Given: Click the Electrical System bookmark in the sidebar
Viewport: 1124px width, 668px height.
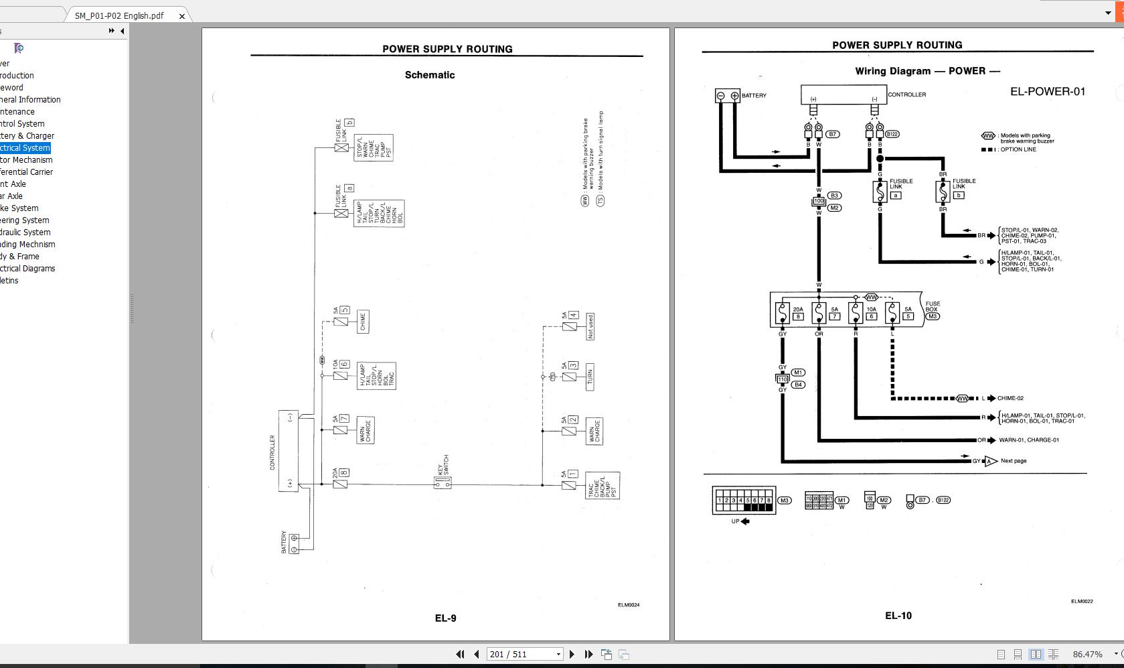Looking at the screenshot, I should tap(25, 148).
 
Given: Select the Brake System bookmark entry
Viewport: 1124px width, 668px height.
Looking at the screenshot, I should tap(19, 208).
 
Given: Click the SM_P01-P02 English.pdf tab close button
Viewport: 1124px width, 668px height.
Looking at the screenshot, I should tap(181, 16).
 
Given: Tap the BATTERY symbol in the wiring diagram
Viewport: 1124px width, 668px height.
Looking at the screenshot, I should tap(728, 96).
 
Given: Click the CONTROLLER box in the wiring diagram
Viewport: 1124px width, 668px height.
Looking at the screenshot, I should tap(844, 94).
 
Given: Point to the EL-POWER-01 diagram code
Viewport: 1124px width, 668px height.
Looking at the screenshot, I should tap(1047, 92).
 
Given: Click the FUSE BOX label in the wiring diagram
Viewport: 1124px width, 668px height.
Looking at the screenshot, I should tap(933, 307).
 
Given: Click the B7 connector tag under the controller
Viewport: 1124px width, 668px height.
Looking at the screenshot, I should tap(832, 134).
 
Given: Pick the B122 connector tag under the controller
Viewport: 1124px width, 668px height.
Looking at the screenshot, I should tap(892, 134).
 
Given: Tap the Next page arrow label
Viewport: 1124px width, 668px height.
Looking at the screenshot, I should tap(1013, 461).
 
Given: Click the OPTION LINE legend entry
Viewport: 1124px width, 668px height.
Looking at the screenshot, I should tap(1018, 149).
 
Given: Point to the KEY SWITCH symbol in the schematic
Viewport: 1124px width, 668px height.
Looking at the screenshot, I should tap(443, 482).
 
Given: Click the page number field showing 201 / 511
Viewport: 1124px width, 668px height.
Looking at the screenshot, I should tap(524, 655).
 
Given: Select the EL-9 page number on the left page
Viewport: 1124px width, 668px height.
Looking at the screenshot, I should tap(445, 618).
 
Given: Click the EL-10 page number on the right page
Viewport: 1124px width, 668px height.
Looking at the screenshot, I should tap(898, 616).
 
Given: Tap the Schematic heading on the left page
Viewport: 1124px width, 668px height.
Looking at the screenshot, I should tap(430, 75).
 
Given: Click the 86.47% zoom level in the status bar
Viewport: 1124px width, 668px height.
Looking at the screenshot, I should tap(1087, 655).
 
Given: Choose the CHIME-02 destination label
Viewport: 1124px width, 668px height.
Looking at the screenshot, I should tap(1010, 398).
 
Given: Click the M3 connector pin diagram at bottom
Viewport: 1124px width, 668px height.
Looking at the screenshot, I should tap(744, 500).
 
